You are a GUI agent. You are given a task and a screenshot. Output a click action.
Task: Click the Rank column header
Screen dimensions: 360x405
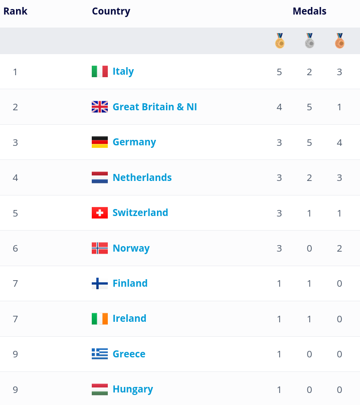15,11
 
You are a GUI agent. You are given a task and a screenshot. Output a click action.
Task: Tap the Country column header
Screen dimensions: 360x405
111,12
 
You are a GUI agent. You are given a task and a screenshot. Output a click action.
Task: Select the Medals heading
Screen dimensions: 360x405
309,11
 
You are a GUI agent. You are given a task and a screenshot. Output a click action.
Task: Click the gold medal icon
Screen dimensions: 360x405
280,41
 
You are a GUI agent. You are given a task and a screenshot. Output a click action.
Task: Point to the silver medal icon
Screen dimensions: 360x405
309,41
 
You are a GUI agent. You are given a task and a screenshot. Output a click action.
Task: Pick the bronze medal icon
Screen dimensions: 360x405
339,41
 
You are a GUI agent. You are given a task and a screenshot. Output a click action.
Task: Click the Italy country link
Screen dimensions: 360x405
123,72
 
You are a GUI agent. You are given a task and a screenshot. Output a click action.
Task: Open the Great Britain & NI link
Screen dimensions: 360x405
155,107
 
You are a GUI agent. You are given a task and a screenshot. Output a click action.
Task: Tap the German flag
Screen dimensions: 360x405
100,142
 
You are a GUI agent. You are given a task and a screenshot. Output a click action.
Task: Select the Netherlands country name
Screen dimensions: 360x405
142,177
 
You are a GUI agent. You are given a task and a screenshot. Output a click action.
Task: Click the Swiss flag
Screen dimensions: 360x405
100,213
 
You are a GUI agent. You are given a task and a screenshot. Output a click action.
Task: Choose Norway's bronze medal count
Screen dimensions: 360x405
339,249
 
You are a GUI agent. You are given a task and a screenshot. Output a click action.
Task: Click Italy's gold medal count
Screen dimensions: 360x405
279,72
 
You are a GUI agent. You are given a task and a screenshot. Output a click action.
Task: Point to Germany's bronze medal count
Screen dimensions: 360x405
339,142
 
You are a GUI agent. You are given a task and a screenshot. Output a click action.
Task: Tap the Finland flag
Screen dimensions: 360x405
100,283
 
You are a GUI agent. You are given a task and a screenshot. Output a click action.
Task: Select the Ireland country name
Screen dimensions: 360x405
129,318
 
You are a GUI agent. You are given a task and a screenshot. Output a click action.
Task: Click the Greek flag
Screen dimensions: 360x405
100,354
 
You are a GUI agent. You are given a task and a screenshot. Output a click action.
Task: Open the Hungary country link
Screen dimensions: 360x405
133,389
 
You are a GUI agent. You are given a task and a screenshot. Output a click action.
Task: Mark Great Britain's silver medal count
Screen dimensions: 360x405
309,107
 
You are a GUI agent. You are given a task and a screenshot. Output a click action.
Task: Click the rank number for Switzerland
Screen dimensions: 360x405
15,214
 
